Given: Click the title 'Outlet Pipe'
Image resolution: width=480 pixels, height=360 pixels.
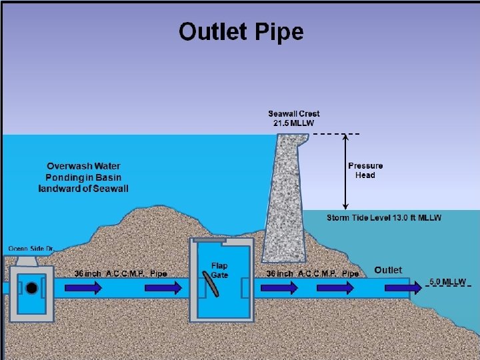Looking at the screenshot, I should (241, 31).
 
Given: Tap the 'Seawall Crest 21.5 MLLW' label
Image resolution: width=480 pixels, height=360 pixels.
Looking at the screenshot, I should (294, 119).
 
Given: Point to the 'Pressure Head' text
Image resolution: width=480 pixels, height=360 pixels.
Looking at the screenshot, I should (365, 170).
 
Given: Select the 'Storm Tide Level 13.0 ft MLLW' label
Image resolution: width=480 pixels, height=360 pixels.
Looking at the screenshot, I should (384, 218).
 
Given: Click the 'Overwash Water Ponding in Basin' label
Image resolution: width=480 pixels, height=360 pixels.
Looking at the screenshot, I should (84, 177).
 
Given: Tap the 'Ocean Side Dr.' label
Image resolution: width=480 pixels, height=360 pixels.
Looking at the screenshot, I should (31, 249).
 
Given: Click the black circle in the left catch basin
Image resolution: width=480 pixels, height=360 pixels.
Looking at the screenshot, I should (31, 288).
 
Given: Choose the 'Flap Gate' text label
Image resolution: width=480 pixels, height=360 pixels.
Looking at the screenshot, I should (219, 271).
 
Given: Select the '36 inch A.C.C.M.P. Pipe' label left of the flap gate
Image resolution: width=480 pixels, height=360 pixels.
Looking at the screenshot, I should (120, 273).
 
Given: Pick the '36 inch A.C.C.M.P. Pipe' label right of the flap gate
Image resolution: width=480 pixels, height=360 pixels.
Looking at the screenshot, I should (312, 273).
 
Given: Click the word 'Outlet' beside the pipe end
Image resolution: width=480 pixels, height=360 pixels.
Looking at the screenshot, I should (388, 270).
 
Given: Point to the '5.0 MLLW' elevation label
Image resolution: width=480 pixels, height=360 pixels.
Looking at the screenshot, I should (447, 282).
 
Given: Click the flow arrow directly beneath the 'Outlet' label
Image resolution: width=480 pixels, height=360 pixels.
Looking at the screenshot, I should (397, 287).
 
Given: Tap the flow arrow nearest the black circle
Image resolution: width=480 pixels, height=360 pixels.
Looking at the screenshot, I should (87, 287).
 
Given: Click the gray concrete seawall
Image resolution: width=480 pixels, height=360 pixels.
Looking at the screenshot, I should (283, 200).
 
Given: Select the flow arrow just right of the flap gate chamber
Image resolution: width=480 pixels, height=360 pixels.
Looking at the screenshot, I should (275, 287).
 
